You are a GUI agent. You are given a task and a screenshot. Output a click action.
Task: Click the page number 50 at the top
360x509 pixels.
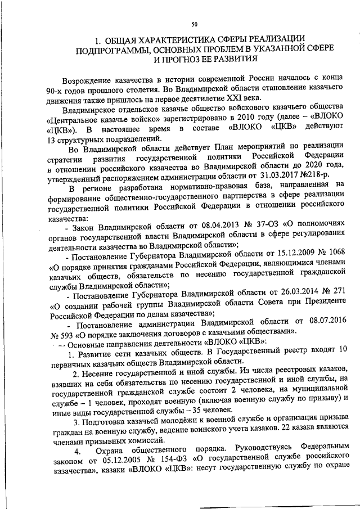click(x=194, y=24)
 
